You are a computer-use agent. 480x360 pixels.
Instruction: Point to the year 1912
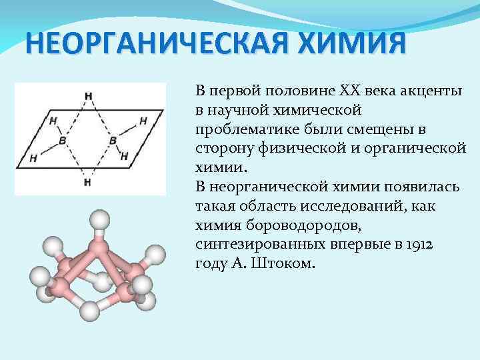pyautogui.click(x=419, y=245)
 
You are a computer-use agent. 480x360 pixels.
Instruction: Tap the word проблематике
pyautogui.click(x=239, y=126)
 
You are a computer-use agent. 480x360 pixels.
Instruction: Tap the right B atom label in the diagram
pyautogui.click(x=113, y=141)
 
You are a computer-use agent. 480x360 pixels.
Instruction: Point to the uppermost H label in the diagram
pyautogui.click(x=89, y=95)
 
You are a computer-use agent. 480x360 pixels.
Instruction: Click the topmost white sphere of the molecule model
pyautogui.click(x=100, y=219)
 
